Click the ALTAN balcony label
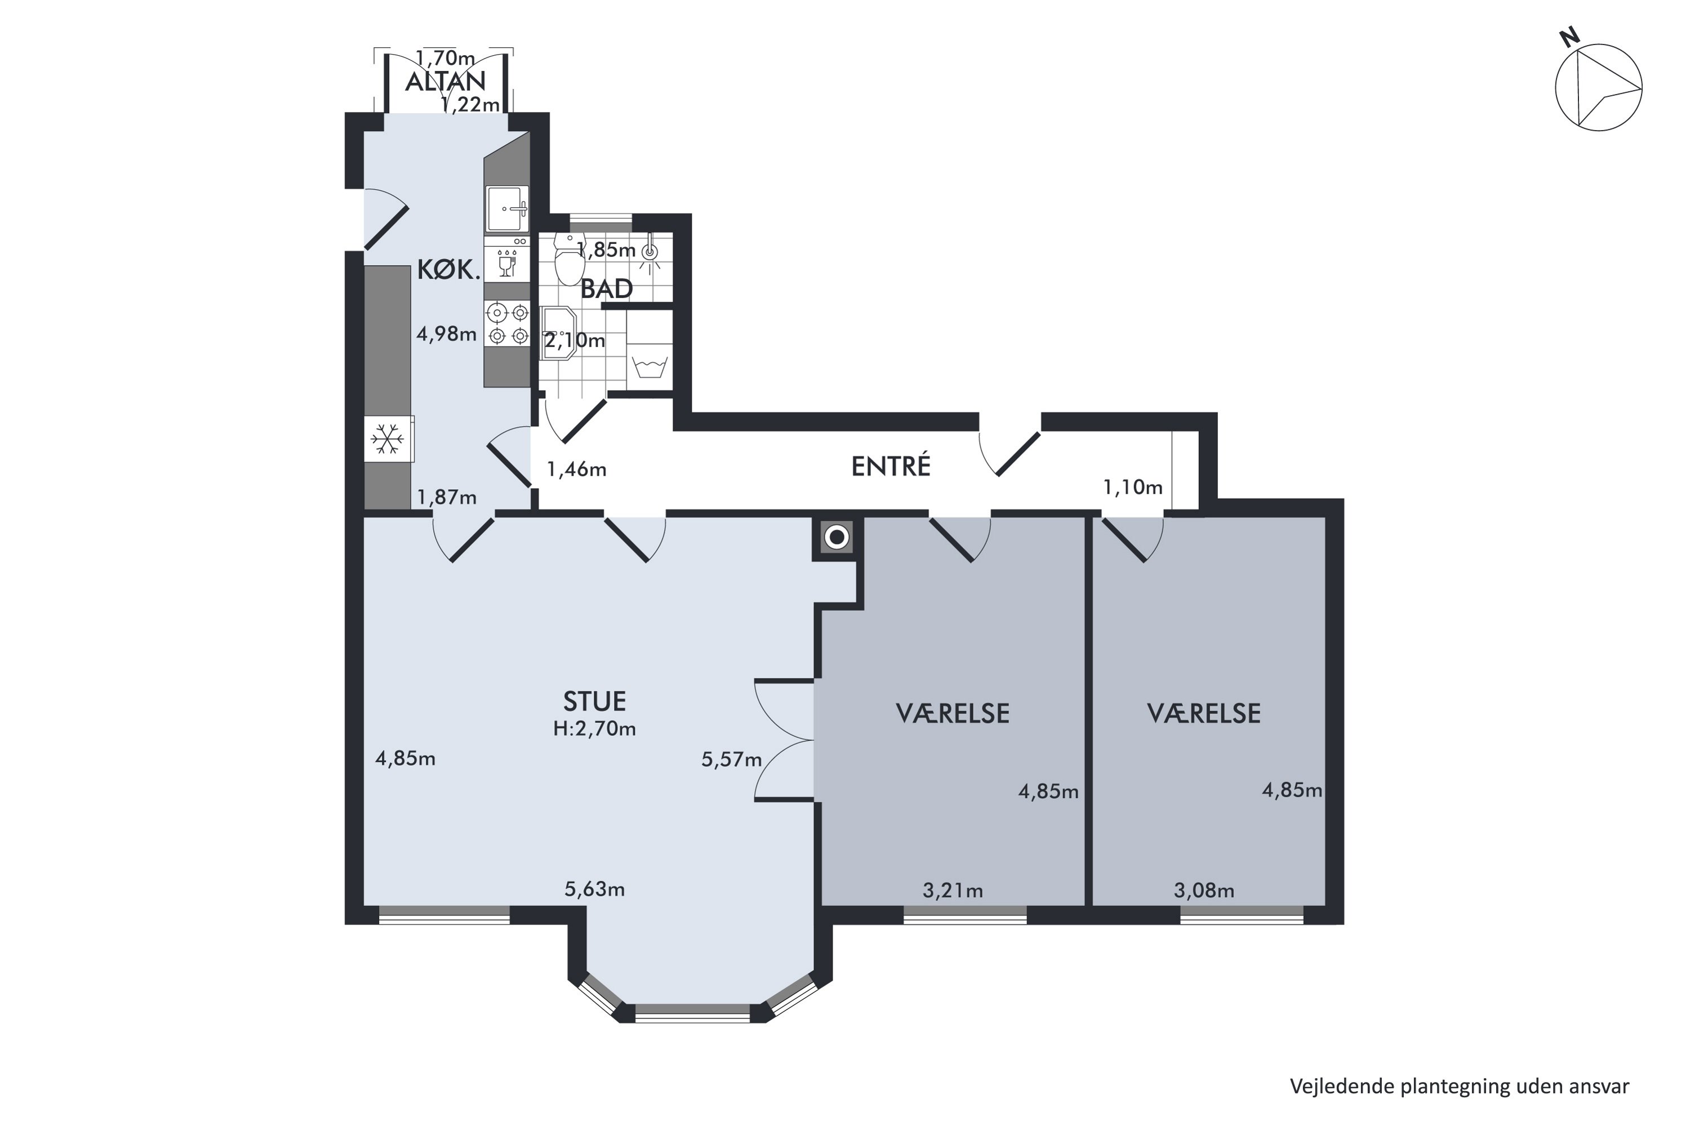click(446, 81)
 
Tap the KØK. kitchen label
click(448, 270)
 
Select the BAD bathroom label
click(607, 289)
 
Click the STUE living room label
click(594, 700)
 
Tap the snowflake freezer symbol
click(388, 438)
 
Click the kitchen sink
click(508, 209)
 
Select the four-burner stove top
click(508, 324)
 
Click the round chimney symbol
click(837, 537)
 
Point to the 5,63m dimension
click(594, 890)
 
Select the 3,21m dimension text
click(953, 891)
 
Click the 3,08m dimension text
click(1204, 891)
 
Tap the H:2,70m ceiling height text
click(594, 729)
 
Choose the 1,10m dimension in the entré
click(1132, 488)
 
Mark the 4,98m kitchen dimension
click(447, 334)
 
